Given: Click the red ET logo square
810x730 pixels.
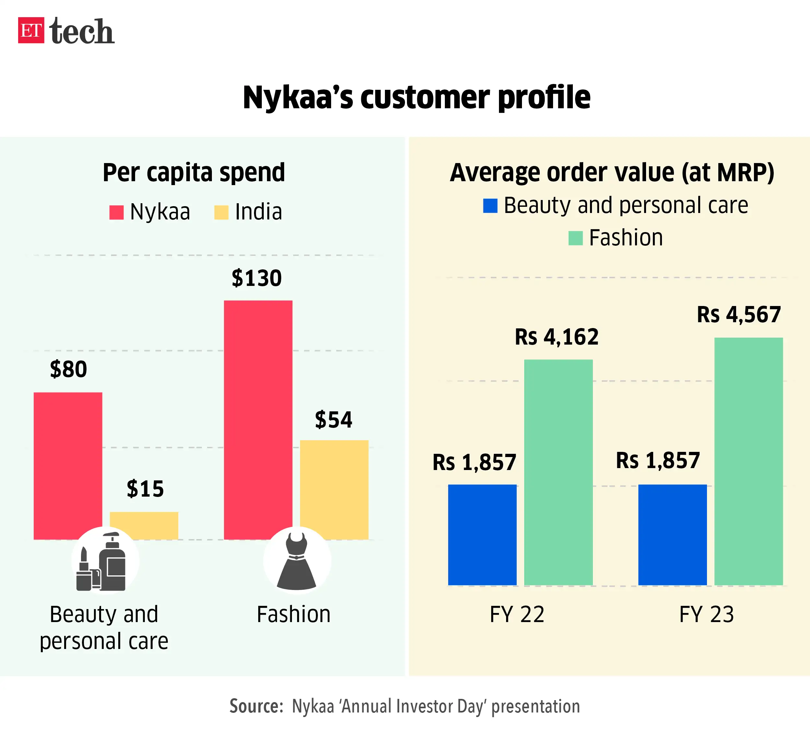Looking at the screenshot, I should [31, 30].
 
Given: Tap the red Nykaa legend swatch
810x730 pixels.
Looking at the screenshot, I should [116, 212].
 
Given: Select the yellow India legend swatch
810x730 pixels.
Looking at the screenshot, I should [221, 212].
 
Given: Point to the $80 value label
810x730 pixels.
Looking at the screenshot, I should [68, 369].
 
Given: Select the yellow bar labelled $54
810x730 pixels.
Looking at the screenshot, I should [334, 489].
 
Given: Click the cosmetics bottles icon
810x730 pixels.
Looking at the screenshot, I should [102, 561].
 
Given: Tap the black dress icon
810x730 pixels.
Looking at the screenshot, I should [297, 561].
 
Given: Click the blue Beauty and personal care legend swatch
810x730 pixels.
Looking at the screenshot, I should [490, 206].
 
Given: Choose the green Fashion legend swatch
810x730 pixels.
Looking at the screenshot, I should [575, 238].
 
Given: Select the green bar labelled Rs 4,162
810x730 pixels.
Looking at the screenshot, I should [558, 472].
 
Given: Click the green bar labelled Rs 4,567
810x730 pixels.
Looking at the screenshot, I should [748, 461].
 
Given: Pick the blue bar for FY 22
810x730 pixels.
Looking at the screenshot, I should [482, 535].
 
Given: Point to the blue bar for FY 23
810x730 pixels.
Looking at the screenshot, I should [672, 535].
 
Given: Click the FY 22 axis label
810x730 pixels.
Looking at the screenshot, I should [517, 614].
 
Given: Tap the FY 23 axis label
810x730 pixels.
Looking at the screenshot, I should [707, 614].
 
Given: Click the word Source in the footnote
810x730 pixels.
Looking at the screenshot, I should [255, 706].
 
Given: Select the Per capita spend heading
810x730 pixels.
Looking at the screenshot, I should [194, 172].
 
